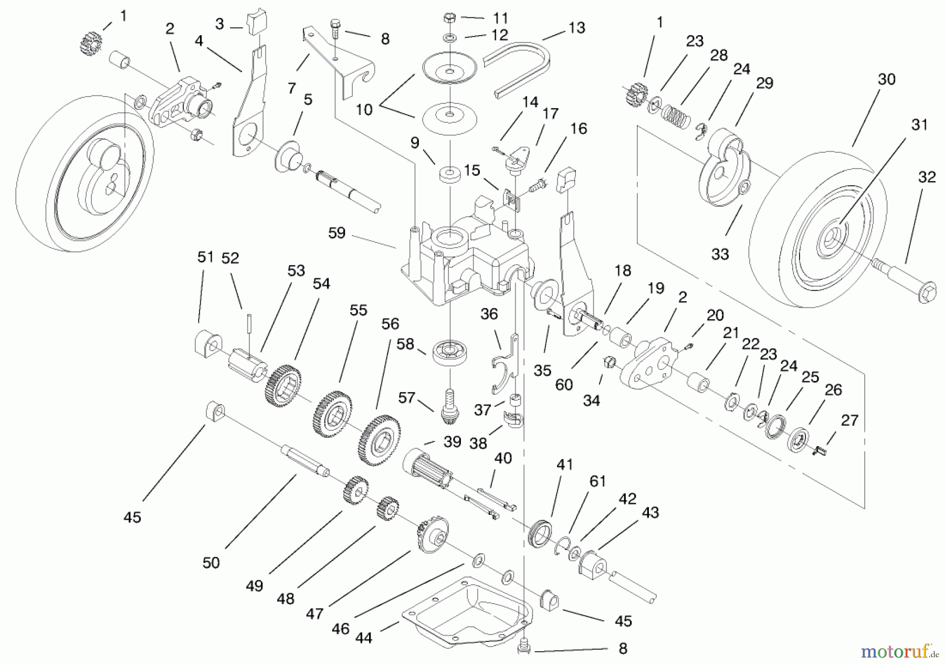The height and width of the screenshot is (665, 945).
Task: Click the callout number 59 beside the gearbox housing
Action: pos(337,233)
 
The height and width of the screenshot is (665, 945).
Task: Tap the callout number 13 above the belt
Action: pos(576,28)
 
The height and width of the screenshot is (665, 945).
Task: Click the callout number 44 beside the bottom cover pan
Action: pos(363,638)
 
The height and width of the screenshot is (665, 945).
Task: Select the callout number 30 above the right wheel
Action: pos(886,79)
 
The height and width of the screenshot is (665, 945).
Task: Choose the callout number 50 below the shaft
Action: pos(211,563)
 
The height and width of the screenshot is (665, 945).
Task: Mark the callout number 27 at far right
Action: pos(849,420)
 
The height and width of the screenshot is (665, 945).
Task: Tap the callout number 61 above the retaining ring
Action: pos(597,481)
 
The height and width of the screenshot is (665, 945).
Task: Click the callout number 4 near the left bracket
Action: pos(199,41)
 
